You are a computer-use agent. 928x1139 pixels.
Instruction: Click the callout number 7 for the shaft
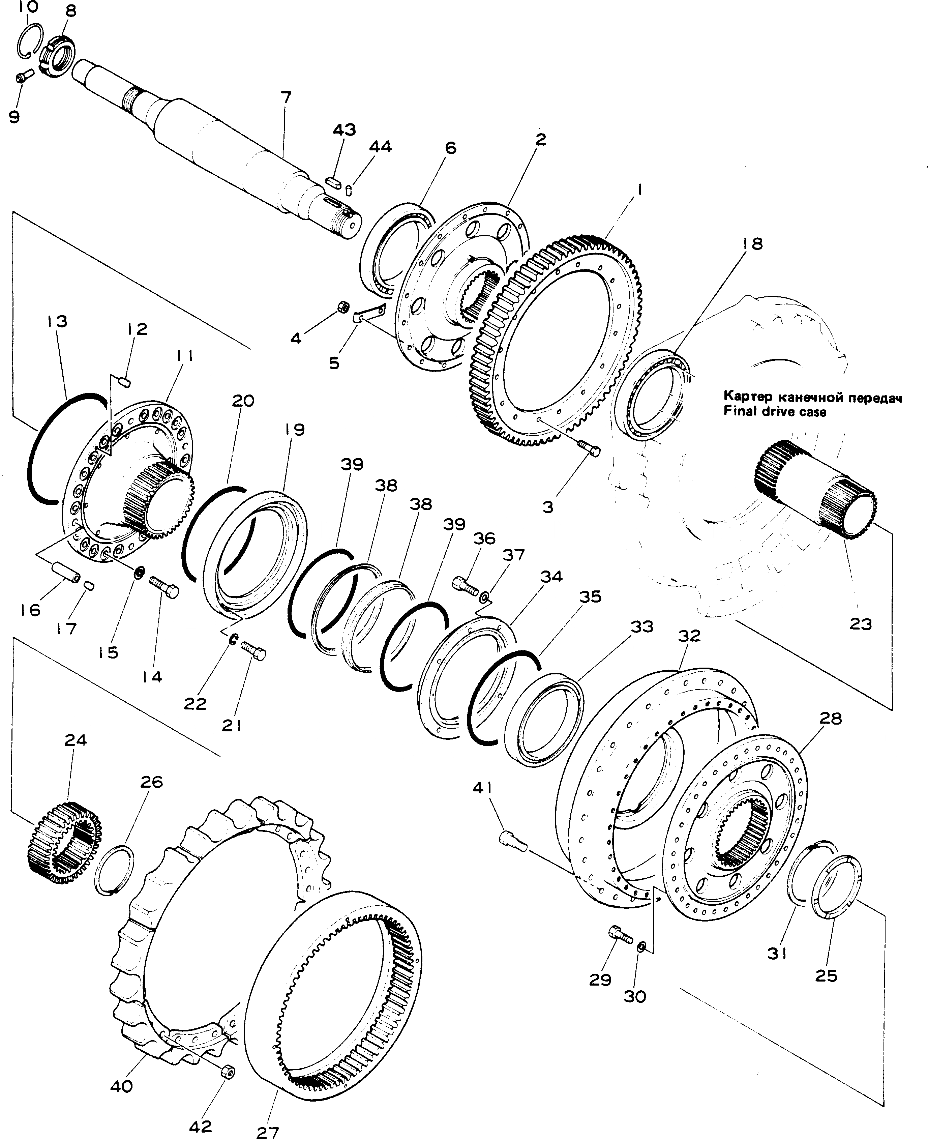click(286, 98)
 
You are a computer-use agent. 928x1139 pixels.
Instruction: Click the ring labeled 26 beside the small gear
click(114, 869)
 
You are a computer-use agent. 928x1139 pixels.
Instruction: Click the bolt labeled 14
click(163, 586)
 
